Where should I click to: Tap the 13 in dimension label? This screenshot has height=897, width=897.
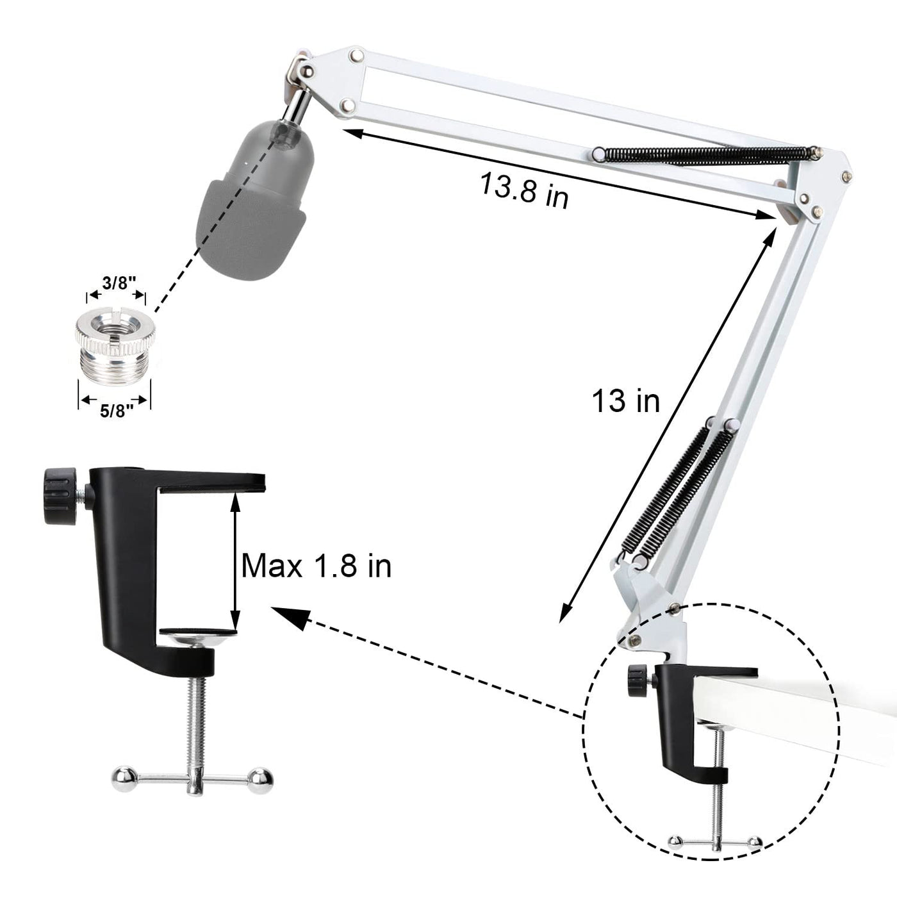click(x=625, y=400)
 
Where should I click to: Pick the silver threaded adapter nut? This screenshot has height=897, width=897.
click(x=115, y=348)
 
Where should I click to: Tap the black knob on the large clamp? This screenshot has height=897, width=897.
click(x=60, y=497)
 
